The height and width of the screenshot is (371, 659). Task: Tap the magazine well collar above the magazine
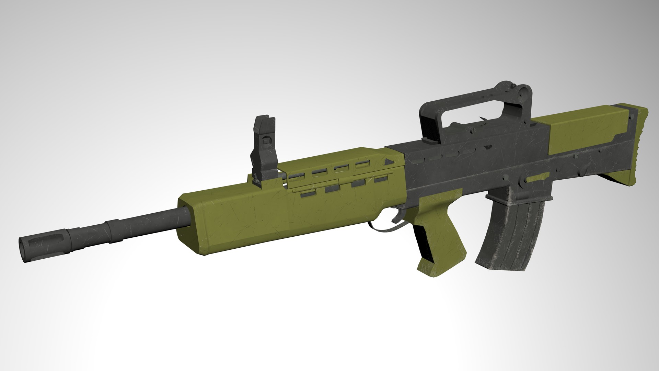pos(515,196)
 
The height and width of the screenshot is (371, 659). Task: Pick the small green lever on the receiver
pos(537,178)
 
